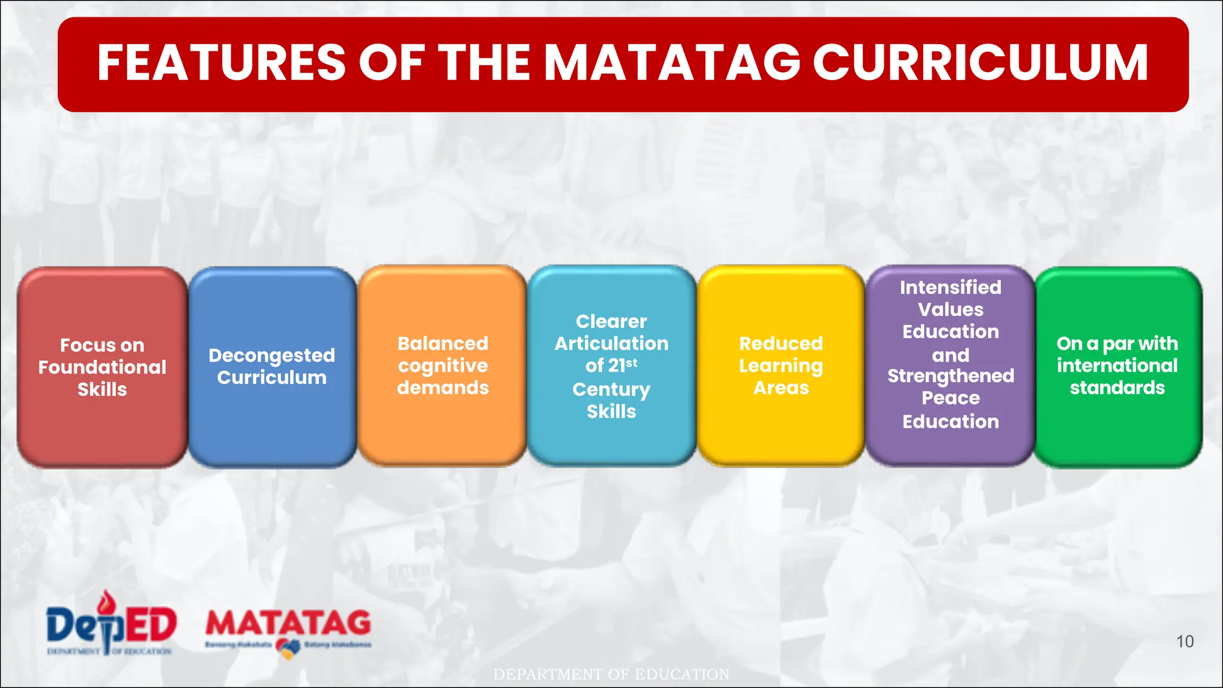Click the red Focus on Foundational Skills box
102,367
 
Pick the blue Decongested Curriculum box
272,367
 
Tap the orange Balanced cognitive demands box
443,365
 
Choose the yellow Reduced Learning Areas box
780,365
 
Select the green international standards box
1117,365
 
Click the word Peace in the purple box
951,398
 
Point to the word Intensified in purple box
951,287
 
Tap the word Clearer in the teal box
611,321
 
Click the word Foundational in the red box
102,367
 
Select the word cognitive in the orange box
443,366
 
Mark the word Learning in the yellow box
780,366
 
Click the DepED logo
110,624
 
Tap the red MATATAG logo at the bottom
288,622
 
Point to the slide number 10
1185,641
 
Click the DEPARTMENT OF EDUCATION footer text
611,674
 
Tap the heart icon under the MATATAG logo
288,648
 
